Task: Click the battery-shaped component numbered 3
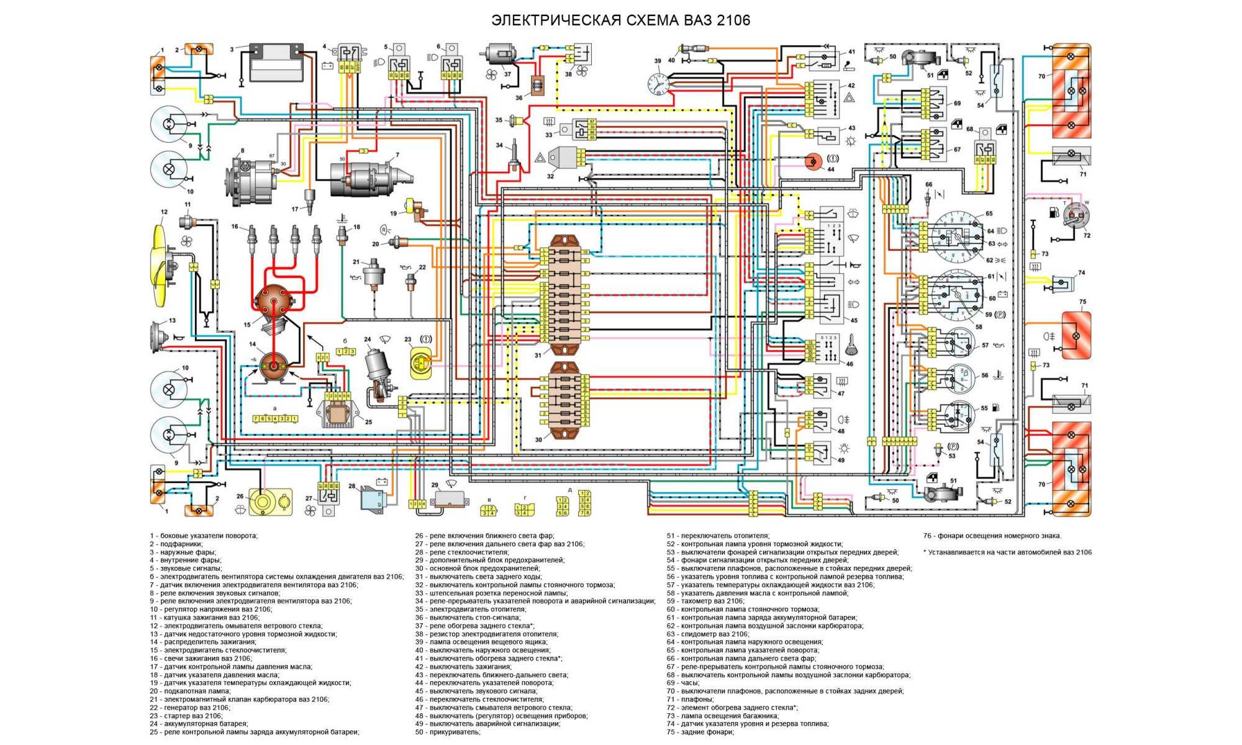275,62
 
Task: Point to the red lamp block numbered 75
1076,335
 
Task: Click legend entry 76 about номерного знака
992,536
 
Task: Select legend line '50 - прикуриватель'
448,732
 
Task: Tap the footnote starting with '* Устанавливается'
1007,552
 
